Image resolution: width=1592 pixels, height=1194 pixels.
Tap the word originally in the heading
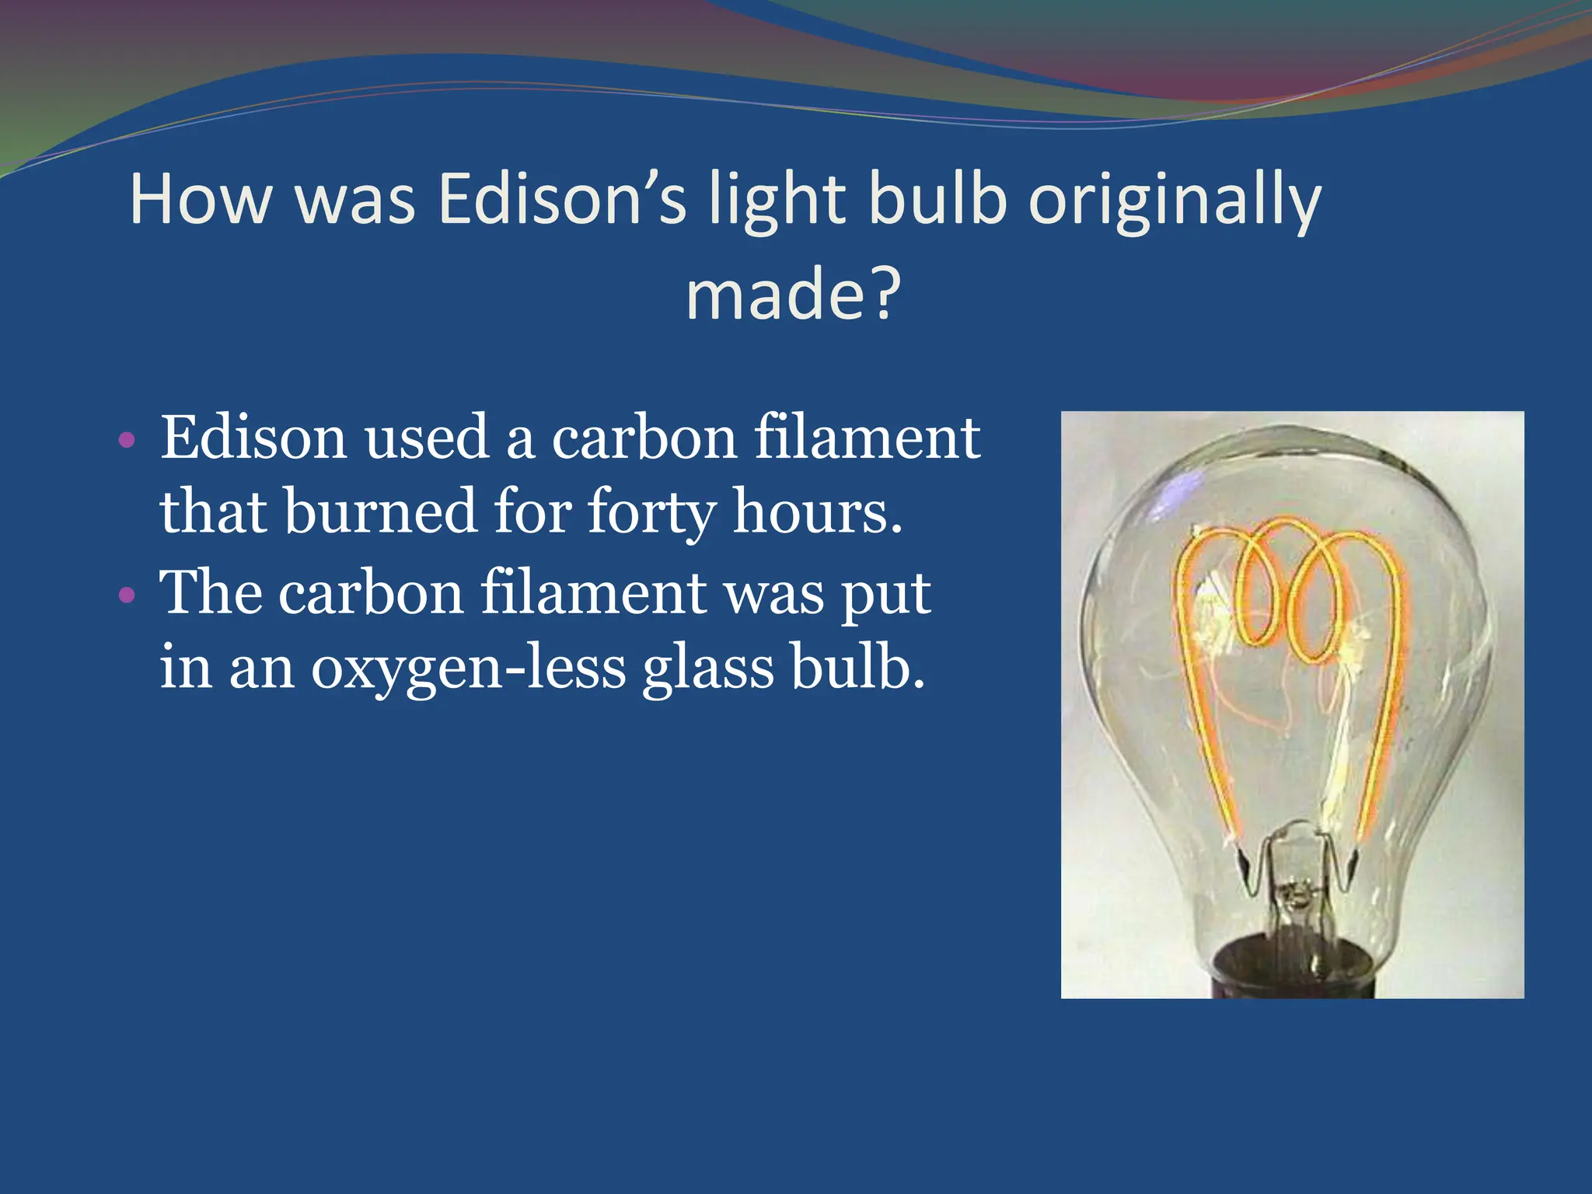[x=1175, y=201]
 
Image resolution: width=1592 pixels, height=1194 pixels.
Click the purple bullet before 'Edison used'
[x=127, y=441]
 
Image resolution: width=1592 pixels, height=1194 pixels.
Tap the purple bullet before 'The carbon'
[x=127, y=596]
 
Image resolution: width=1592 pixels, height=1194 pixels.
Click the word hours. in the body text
[x=818, y=511]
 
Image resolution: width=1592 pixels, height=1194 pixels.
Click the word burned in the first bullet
[x=380, y=511]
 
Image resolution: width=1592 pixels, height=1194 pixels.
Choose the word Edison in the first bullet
[x=253, y=438]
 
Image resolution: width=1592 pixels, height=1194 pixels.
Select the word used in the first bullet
[x=427, y=438]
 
